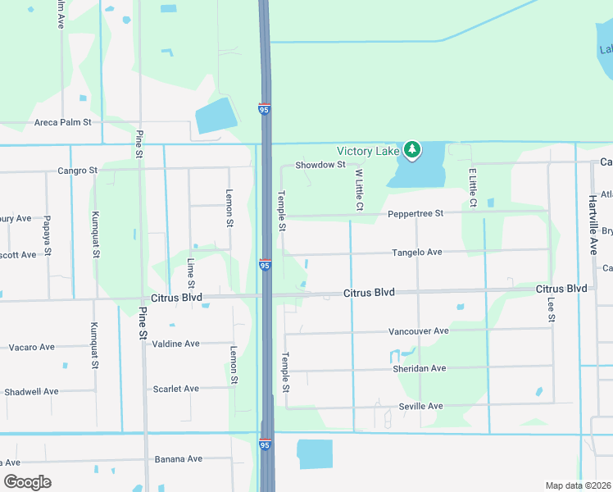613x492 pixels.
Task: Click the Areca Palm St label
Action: pos(62,122)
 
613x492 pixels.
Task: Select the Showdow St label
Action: pos(320,165)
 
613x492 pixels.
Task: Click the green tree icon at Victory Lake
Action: pos(412,150)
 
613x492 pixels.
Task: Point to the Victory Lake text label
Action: pos(369,151)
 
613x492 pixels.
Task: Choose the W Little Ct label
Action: pos(358,189)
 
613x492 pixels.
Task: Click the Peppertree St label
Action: pos(415,213)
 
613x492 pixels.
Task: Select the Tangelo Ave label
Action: pos(417,252)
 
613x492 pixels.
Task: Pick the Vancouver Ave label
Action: pos(419,331)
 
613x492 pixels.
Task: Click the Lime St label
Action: pos(191,273)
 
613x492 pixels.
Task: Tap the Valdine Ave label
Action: pos(176,344)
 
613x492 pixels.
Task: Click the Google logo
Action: pos(27,482)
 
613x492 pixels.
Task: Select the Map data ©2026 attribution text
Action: pos(578,485)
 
